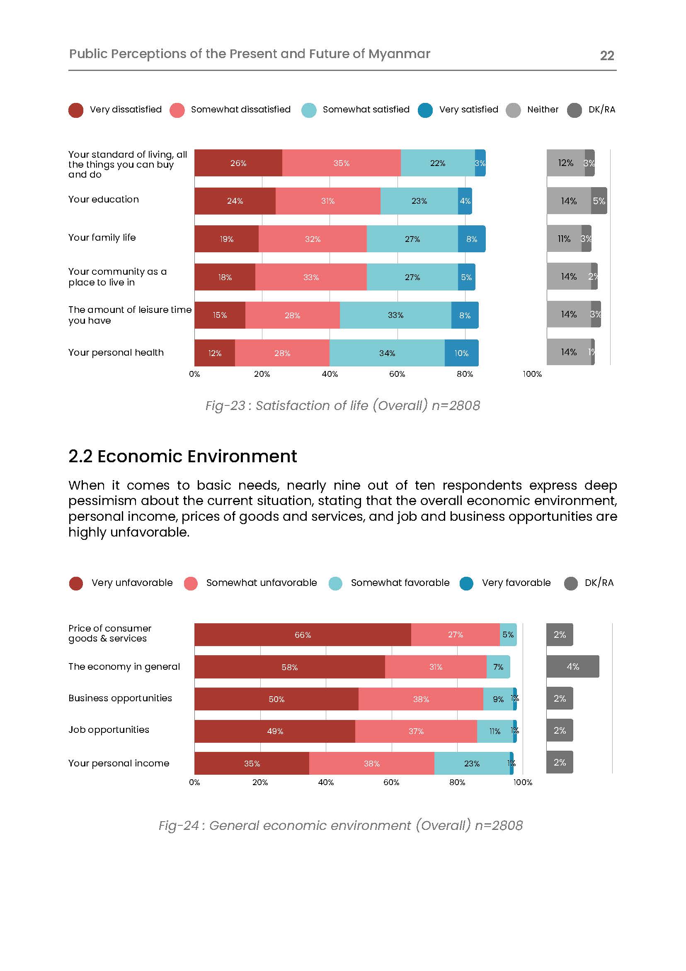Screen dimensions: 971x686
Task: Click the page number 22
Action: (x=606, y=56)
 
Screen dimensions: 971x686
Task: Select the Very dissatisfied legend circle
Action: (x=76, y=110)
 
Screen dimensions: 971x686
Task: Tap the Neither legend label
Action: (x=543, y=110)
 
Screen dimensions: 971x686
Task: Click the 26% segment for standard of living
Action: (x=238, y=163)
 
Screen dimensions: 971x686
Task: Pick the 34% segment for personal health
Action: (x=387, y=353)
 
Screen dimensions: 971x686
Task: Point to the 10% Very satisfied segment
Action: (x=461, y=353)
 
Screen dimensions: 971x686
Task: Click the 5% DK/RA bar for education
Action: (x=599, y=201)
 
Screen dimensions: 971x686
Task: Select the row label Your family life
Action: (x=102, y=238)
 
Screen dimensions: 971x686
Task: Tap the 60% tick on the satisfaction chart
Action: (x=397, y=374)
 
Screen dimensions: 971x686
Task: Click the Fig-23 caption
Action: (x=342, y=405)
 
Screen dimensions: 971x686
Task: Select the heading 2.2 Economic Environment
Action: (x=182, y=456)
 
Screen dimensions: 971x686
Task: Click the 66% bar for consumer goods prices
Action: (x=303, y=635)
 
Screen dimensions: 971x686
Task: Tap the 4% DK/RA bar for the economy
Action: (x=572, y=667)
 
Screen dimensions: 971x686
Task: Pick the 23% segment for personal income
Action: (x=472, y=764)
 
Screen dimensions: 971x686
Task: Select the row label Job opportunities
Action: (x=109, y=730)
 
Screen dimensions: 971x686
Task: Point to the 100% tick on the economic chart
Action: (x=523, y=782)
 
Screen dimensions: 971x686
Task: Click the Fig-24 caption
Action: (x=340, y=825)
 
